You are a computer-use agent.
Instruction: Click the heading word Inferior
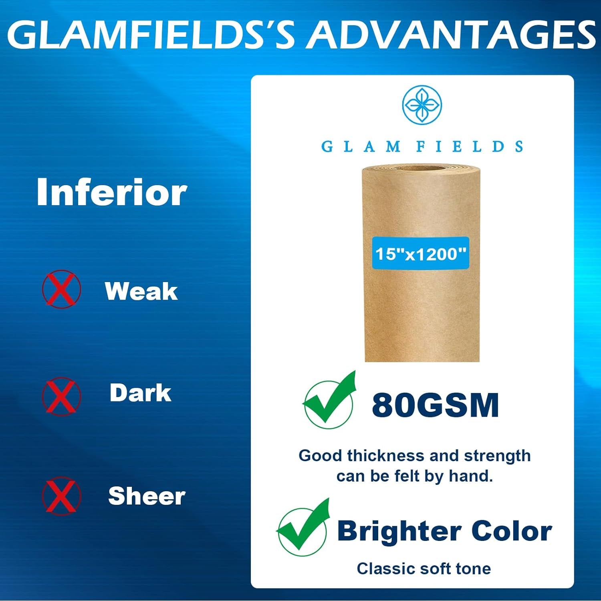(112, 192)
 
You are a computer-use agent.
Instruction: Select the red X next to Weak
(61, 289)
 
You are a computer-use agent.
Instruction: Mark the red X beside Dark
(61, 396)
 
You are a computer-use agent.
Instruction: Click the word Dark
(140, 393)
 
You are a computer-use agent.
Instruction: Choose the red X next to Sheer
(61, 496)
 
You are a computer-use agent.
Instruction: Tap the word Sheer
(147, 496)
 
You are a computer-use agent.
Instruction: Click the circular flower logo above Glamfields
(422, 105)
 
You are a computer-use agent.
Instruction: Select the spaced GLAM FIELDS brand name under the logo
(422, 146)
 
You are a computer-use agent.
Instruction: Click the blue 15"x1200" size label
(420, 253)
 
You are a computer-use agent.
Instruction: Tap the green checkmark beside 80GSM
(329, 400)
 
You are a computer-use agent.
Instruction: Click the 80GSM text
(436, 405)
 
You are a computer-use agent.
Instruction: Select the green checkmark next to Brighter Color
(303, 527)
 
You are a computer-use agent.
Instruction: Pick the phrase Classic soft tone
(424, 569)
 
